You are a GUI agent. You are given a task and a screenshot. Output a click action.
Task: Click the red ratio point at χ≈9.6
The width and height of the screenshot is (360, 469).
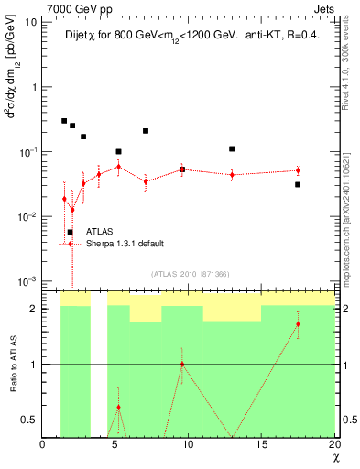click(182, 364)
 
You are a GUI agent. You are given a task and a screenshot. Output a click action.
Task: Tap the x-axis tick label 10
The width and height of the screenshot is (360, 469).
click(188, 444)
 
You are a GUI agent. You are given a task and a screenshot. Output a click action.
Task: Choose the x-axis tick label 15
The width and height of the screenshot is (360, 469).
click(261, 444)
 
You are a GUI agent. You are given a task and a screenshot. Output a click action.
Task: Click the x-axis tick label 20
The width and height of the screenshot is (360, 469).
click(333, 444)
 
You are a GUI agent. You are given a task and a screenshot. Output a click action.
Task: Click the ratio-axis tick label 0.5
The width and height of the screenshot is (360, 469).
click(28, 420)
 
